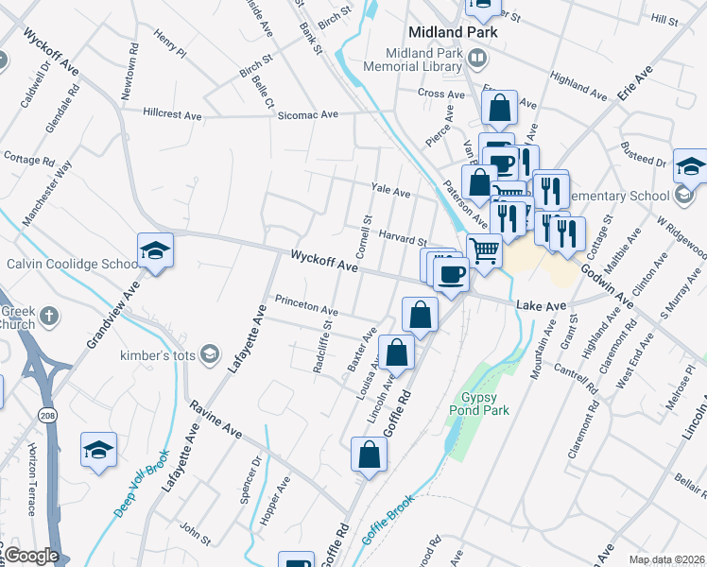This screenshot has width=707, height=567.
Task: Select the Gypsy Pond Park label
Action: click(x=485, y=404)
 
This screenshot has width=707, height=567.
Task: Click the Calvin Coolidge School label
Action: click(x=72, y=264)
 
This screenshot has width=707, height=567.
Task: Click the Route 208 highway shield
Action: click(x=45, y=415)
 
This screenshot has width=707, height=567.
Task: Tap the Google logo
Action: click(x=31, y=557)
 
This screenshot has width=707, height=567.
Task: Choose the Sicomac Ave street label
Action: click(x=307, y=114)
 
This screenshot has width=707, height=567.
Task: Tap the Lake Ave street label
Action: click(x=541, y=306)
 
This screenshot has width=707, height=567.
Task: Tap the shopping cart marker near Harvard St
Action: click(x=484, y=251)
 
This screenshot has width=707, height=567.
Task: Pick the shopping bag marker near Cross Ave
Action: click(x=499, y=109)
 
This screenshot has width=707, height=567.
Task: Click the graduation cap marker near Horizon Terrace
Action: click(x=98, y=452)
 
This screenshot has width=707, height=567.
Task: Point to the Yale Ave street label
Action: click(x=391, y=192)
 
